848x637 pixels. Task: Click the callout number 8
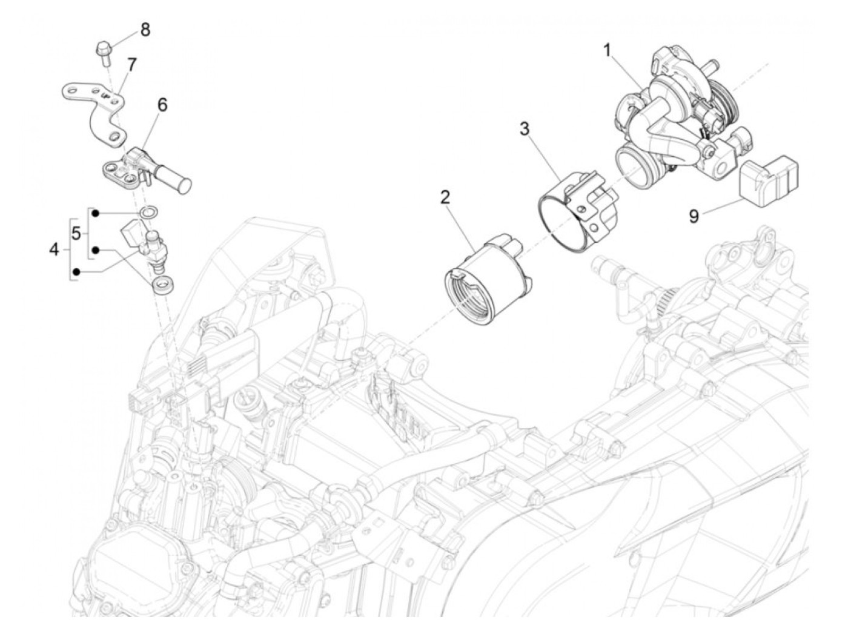pos(144,29)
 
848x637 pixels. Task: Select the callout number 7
pos(131,64)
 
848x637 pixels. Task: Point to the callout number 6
pos(162,104)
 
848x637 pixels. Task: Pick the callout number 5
pos(76,233)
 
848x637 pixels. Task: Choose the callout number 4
pos(55,248)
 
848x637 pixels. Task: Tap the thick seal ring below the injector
pos(161,284)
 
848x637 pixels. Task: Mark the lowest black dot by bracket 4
pos(76,273)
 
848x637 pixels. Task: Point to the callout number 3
pos(525,128)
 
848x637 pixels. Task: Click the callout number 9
pos(694,216)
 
